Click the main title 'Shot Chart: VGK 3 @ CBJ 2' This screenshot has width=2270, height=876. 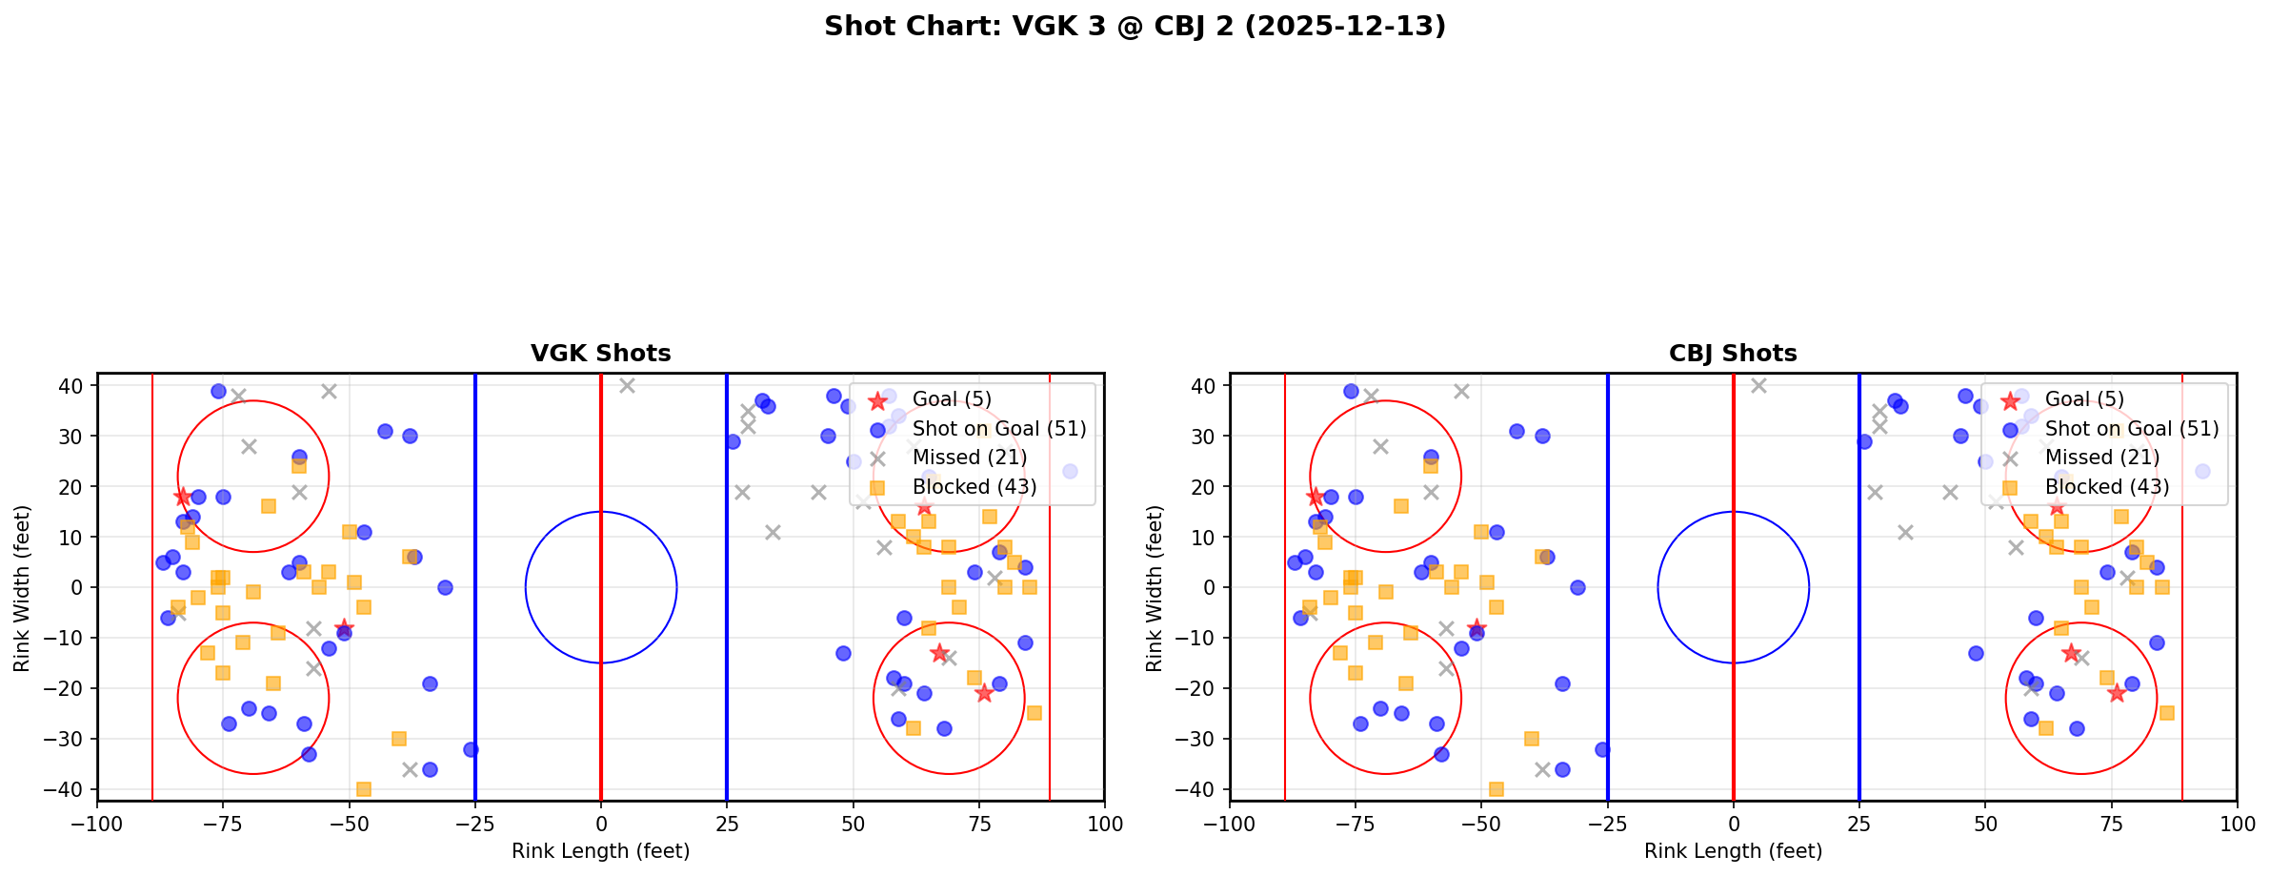click(1135, 26)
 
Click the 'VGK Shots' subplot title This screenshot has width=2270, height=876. click(600, 354)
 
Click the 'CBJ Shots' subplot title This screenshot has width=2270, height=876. click(1733, 354)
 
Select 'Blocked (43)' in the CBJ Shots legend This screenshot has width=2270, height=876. click(2106, 487)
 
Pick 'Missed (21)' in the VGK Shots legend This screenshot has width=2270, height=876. click(969, 458)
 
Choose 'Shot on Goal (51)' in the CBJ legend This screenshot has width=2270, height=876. click(2131, 429)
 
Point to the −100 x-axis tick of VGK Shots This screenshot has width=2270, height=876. click(97, 824)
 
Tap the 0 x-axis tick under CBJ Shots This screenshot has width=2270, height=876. click(1734, 824)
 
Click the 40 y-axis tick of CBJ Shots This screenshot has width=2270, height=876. click(1203, 386)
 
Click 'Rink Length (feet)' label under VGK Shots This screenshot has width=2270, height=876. click(600, 851)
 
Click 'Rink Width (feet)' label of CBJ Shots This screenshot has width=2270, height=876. click(1155, 587)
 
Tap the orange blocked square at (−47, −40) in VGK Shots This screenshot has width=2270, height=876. click(364, 789)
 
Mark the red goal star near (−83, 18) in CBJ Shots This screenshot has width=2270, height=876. click(1315, 497)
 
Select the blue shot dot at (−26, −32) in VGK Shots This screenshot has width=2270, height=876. click(471, 749)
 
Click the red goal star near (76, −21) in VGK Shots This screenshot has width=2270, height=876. click(984, 693)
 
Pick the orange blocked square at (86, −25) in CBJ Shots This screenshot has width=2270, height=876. click(2166, 713)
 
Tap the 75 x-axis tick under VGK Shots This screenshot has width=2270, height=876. click(978, 824)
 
